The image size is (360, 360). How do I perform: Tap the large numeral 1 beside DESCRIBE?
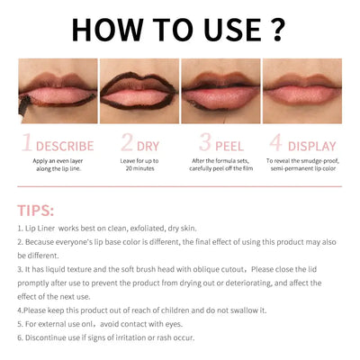tap(27, 144)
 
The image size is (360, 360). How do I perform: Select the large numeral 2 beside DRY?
tap(126, 144)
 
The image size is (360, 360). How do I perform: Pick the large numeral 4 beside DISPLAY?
tap(276, 144)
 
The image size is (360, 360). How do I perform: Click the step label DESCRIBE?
tap(65, 146)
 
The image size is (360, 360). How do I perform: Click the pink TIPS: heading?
tap(36, 210)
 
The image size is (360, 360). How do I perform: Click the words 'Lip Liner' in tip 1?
tap(42, 229)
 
